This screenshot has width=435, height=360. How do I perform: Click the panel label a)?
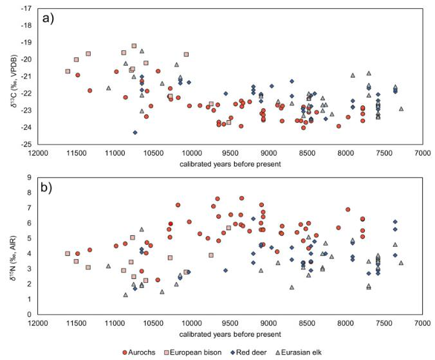49,17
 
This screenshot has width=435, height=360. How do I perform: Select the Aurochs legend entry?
146,352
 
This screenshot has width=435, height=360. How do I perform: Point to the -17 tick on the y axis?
27,9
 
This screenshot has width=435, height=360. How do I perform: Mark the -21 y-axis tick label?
27,76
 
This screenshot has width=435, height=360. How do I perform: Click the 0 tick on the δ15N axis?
30,314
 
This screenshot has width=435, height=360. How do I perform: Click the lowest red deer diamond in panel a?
135,132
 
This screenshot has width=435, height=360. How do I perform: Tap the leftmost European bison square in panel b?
68,254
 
